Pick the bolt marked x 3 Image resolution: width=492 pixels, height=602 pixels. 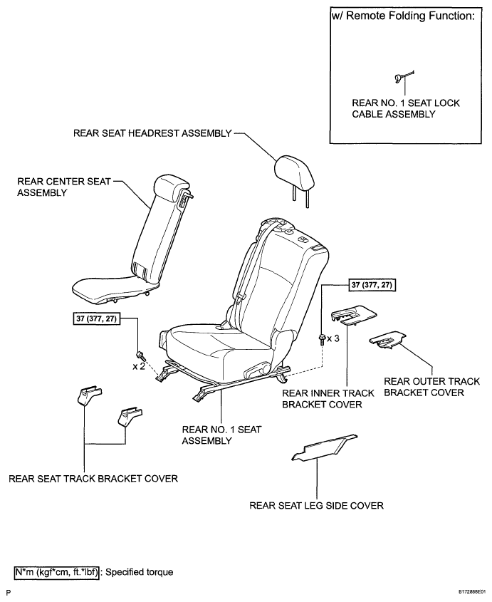click(323, 339)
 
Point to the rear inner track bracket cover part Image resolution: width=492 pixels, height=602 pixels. click(353, 315)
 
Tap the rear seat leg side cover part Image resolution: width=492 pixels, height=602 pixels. click(325, 447)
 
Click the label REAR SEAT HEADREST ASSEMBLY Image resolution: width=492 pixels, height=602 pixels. click(152, 133)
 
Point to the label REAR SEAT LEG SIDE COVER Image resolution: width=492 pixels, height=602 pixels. click(317, 505)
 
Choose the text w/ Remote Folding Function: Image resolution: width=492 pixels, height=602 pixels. click(403, 16)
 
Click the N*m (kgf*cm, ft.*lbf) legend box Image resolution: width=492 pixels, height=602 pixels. click(57, 572)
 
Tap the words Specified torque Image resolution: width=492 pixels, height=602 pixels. click(140, 572)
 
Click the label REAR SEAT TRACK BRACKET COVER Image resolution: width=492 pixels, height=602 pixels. click(93, 478)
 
